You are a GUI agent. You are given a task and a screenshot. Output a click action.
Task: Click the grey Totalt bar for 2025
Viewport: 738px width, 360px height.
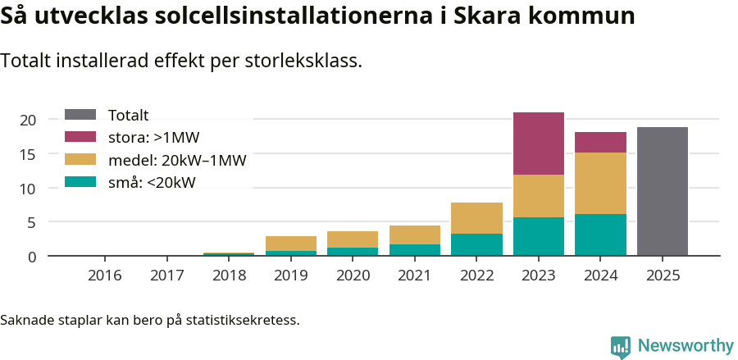662,191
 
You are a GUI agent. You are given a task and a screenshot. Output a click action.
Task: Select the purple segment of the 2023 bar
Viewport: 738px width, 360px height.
538,144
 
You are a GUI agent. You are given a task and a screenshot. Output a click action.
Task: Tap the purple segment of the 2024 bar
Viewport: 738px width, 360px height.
600,142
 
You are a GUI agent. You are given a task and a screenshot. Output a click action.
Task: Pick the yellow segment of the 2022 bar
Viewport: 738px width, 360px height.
476,218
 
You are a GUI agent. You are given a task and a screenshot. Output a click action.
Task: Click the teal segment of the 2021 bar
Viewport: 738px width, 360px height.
414,249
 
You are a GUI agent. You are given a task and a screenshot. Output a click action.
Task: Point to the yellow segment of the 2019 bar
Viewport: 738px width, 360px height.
290,244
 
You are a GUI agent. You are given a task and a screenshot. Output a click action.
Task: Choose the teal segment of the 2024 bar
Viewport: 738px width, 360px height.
600,235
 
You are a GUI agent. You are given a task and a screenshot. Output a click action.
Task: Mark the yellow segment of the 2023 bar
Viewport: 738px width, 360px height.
538,196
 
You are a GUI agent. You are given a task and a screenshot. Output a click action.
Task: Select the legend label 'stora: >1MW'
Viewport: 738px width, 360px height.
154,137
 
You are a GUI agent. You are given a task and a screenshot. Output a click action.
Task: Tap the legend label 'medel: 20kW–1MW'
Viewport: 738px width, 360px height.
177,160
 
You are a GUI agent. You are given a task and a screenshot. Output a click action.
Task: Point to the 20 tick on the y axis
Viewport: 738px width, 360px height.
29,120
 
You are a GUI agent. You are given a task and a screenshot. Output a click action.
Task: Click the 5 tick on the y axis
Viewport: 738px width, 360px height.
32,222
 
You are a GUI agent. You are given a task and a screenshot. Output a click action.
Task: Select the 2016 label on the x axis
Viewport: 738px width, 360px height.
104,276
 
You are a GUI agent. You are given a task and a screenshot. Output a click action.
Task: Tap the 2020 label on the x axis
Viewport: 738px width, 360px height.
353,276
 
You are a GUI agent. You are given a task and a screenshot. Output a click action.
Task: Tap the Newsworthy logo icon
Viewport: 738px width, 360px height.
621,346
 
